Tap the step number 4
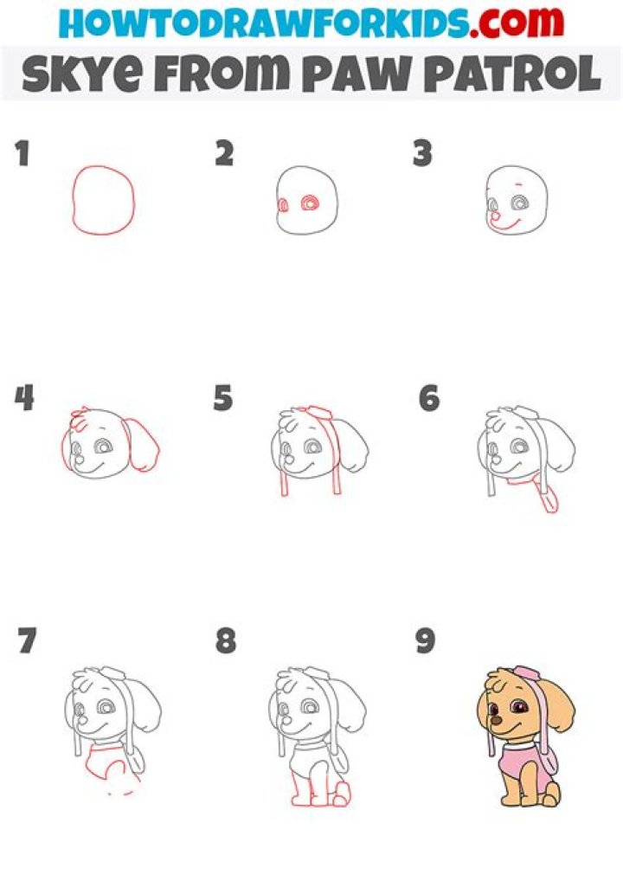click(x=23, y=398)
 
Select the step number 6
click(x=428, y=398)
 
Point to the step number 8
click(x=225, y=641)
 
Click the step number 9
click(x=424, y=641)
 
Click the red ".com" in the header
click(x=515, y=23)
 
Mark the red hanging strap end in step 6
click(x=549, y=502)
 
